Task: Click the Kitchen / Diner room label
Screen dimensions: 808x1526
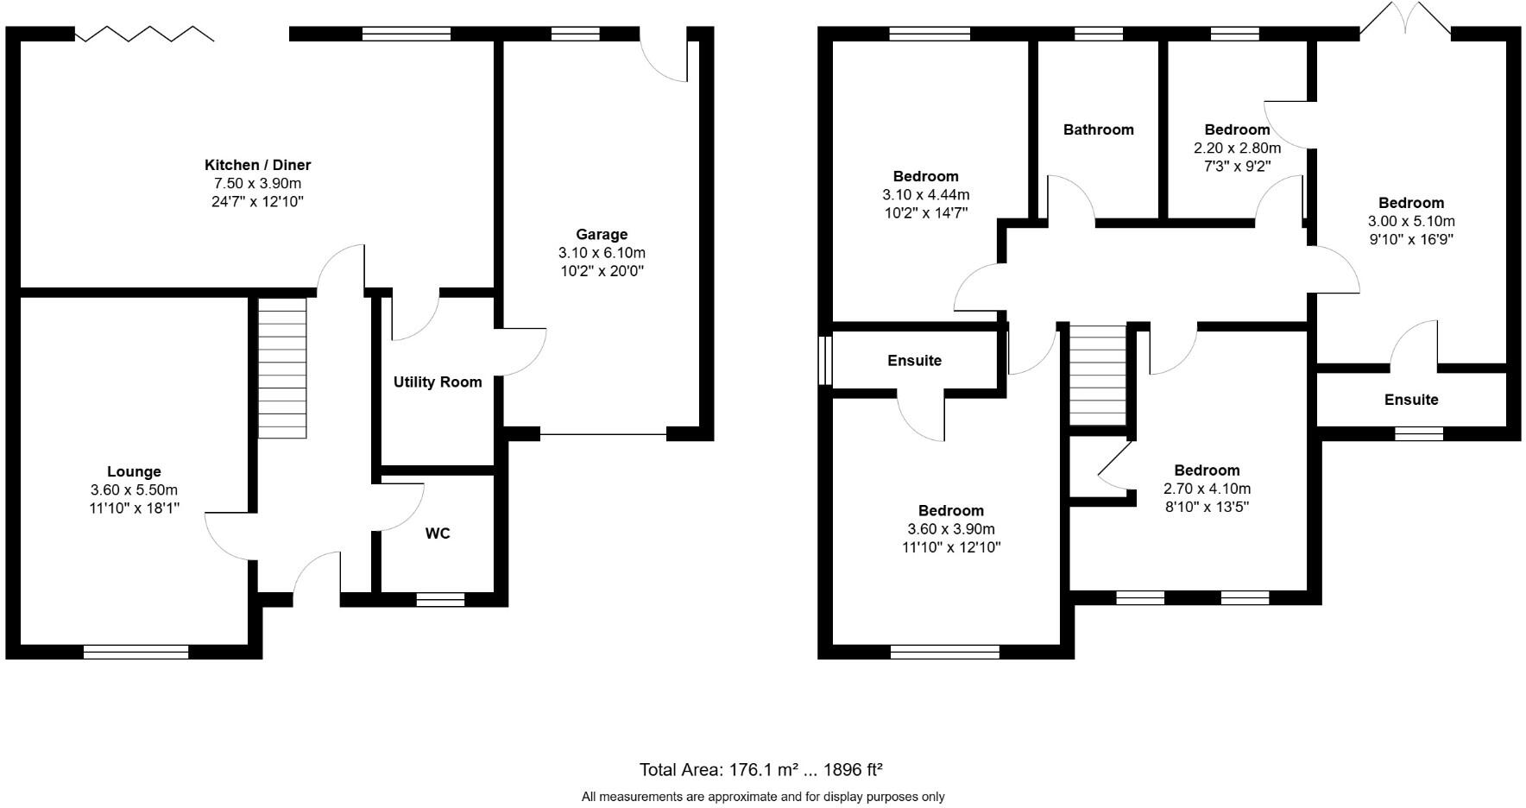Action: tap(257, 165)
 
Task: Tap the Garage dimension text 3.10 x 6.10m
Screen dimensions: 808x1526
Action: tap(602, 253)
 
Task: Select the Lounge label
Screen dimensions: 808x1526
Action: tap(134, 471)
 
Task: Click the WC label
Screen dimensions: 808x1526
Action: tap(438, 533)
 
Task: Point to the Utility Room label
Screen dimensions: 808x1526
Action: tap(438, 382)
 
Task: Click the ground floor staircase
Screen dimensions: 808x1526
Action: tap(282, 368)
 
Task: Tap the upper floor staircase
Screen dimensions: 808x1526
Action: tap(1098, 375)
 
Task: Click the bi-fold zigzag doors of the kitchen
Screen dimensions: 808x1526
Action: tap(144, 34)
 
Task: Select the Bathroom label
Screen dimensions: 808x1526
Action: tap(1098, 129)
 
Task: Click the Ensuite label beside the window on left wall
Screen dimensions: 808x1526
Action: tap(914, 360)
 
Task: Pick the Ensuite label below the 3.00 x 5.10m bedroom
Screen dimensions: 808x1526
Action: tap(1411, 400)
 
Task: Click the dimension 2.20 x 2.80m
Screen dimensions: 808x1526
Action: tap(1237, 148)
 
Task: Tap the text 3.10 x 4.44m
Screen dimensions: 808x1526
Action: tap(925, 195)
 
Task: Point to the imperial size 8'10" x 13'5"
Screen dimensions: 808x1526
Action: tap(1207, 507)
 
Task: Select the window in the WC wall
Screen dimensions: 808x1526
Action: tap(440, 599)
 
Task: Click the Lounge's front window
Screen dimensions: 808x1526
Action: tap(136, 652)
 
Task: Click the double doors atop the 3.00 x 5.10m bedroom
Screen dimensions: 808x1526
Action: tap(1405, 19)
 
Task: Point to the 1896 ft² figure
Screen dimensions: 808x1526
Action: tap(853, 769)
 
